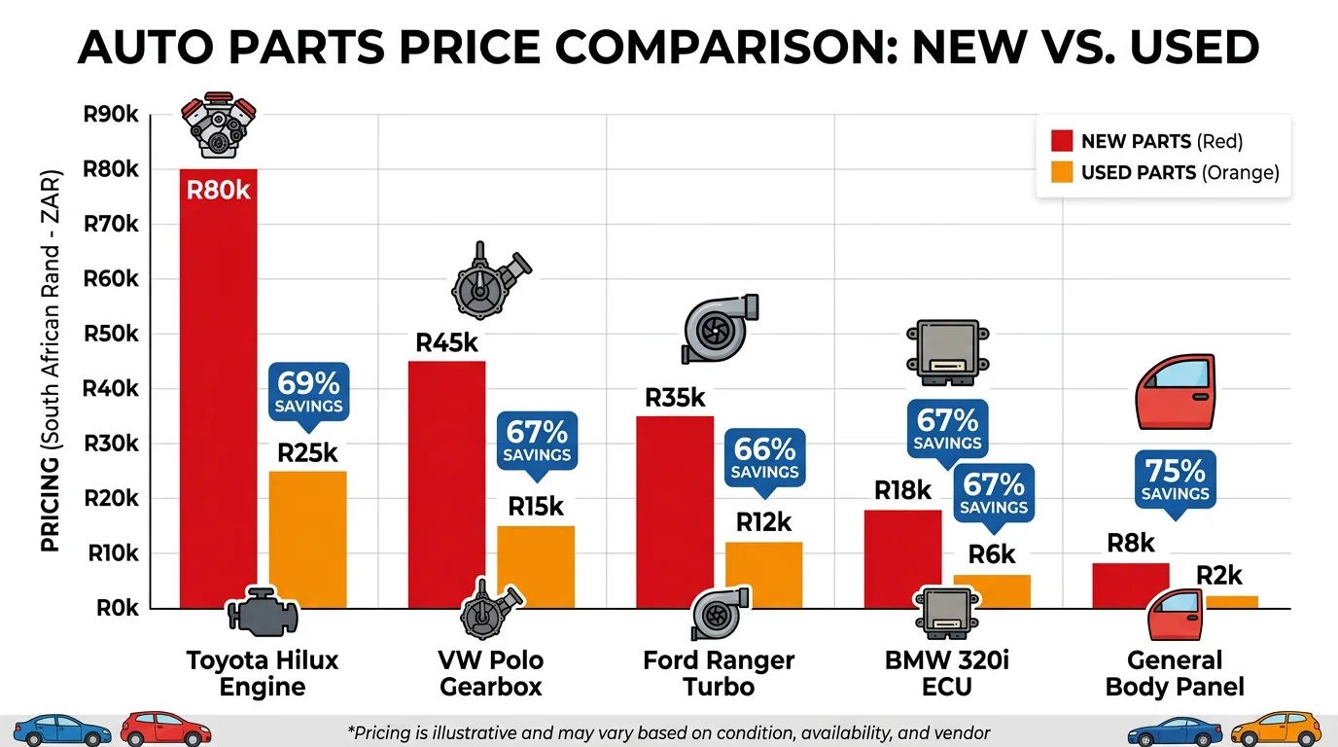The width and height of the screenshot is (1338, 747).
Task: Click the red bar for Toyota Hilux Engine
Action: point(219,389)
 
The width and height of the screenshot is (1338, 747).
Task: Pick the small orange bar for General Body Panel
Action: point(1232,602)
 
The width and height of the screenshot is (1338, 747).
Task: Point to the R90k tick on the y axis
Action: point(111,115)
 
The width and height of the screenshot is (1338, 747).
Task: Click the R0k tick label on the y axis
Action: point(116,609)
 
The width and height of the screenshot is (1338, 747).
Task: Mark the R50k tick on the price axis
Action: point(111,335)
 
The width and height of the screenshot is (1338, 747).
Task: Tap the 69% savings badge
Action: point(308,392)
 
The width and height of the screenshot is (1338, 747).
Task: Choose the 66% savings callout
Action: point(764,458)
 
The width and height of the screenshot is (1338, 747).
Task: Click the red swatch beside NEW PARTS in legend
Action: point(1062,142)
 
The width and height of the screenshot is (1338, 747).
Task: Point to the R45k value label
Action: point(447,343)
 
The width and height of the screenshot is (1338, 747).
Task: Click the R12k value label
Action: point(764,522)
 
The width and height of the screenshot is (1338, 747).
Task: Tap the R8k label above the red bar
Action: point(1131,543)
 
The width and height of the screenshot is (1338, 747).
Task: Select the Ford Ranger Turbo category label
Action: point(719,673)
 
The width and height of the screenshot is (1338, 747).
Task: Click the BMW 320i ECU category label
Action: point(947,673)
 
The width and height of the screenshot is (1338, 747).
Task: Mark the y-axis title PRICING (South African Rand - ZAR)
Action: point(51,362)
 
